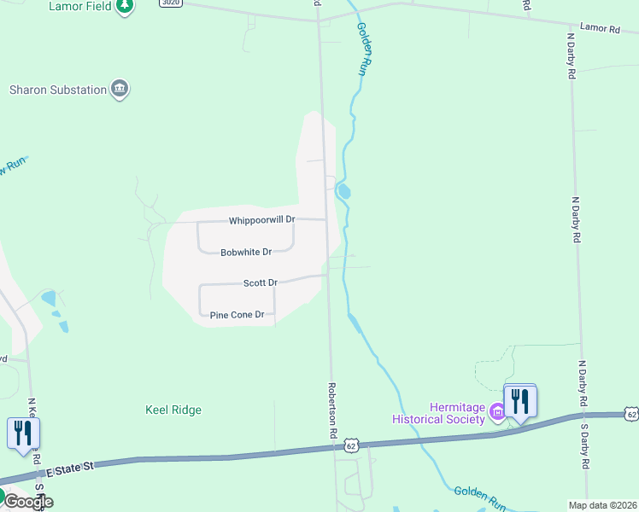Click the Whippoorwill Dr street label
coord(261,220)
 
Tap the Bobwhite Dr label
coord(245,253)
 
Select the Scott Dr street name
coord(261,282)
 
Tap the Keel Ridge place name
coord(173,410)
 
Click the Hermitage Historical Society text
coord(438,413)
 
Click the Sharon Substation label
coord(57,90)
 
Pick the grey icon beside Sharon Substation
coord(120,90)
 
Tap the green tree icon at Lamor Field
coord(125,6)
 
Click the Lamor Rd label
coord(599,28)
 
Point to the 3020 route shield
coord(170,3)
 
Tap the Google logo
coord(27,501)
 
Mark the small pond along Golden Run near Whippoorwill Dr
coord(344,191)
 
